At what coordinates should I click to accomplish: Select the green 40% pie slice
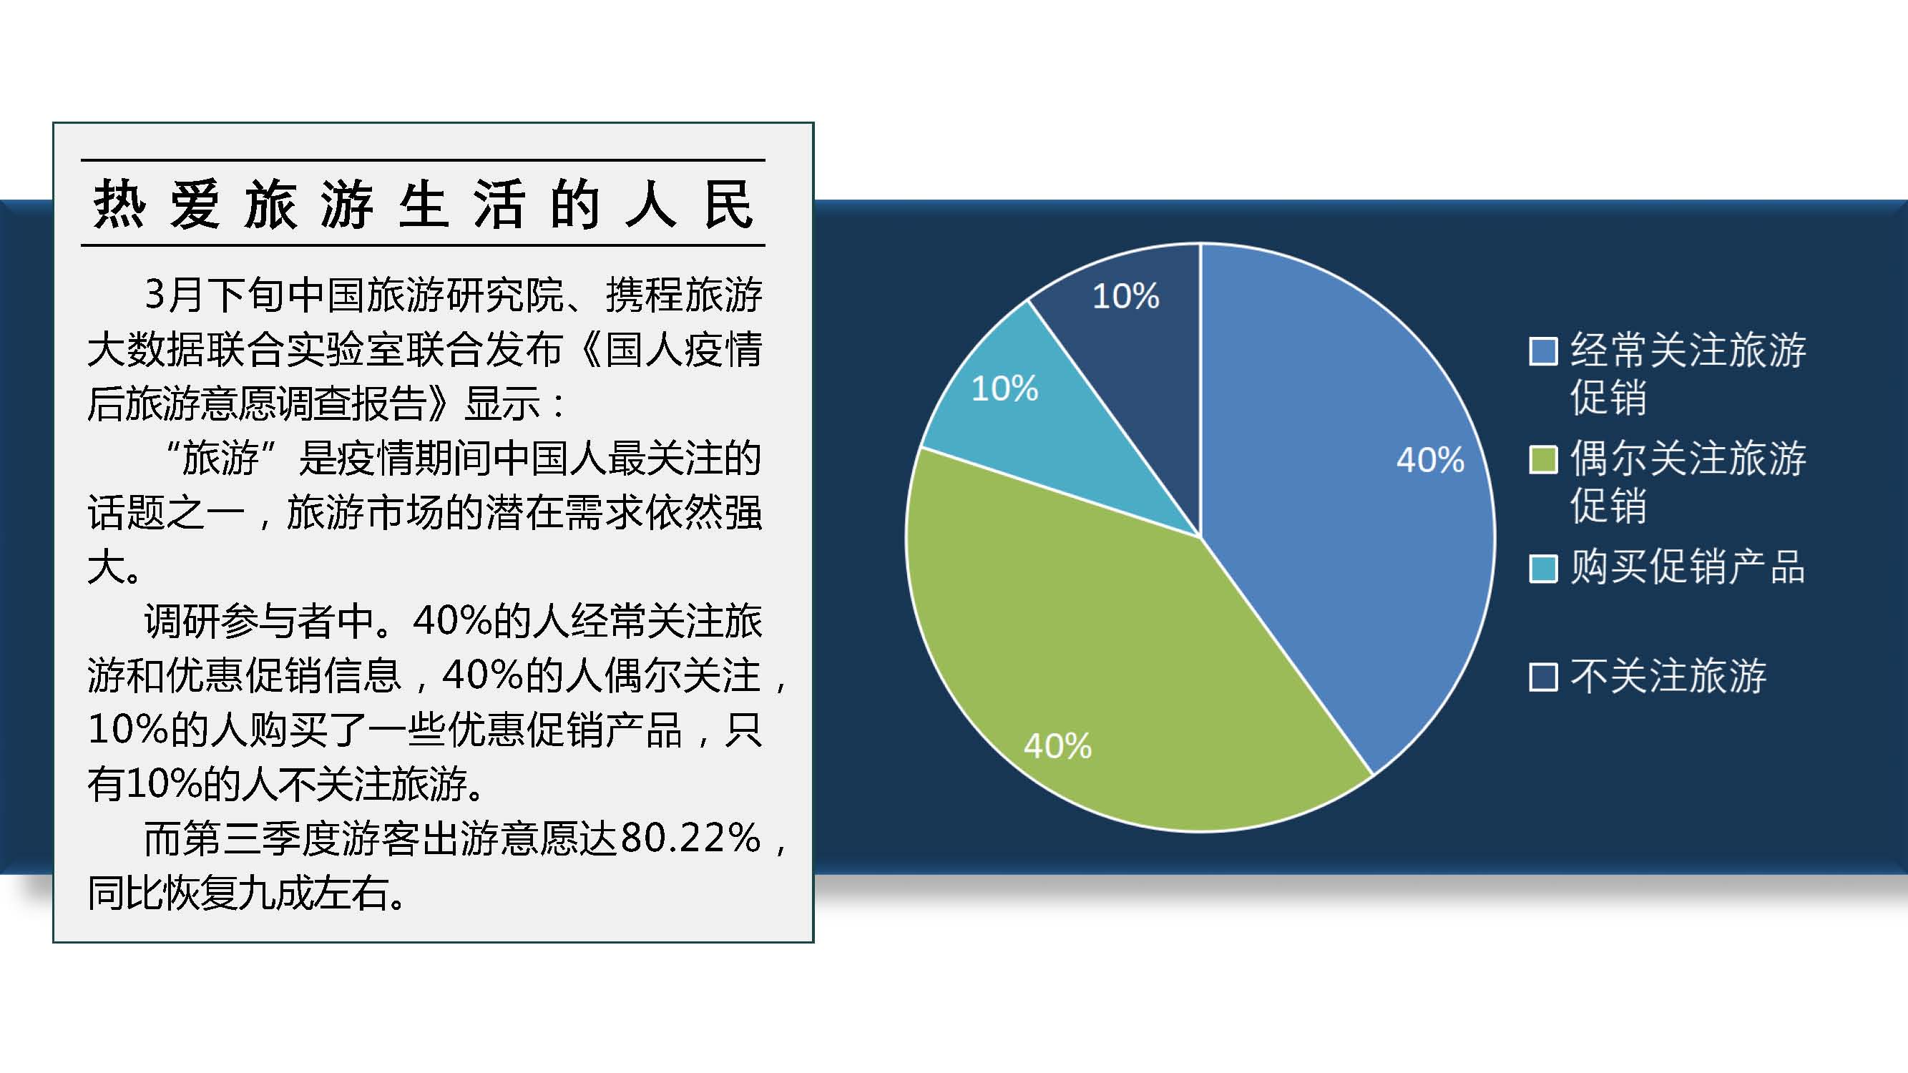[1111, 667]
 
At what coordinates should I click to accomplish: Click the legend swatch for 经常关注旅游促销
[1544, 351]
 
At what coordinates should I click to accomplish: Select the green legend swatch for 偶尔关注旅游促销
[1544, 460]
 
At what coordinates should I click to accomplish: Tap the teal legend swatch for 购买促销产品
[1544, 569]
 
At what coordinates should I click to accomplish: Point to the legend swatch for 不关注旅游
[1544, 677]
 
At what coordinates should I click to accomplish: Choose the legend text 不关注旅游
[1668, 676]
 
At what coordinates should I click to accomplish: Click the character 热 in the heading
[119, 204]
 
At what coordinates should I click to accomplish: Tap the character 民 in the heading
[728, 204]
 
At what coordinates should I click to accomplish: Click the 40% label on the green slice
[1057, 745]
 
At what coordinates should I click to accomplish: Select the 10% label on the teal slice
[1004, 388]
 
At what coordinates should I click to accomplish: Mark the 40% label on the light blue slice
[1430, 460]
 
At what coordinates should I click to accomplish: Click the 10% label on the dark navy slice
[1126, 296]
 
